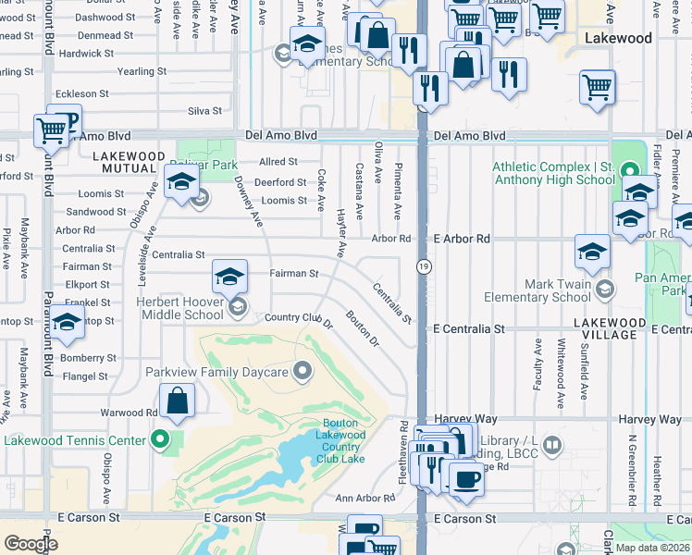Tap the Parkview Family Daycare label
(217, 372)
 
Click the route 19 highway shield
(423, 266)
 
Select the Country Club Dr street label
(298, 319)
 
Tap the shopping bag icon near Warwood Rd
(178, 401)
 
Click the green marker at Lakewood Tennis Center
(162, 439)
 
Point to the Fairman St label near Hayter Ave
(293, 274)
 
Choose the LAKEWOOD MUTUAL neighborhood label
(129, 162)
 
